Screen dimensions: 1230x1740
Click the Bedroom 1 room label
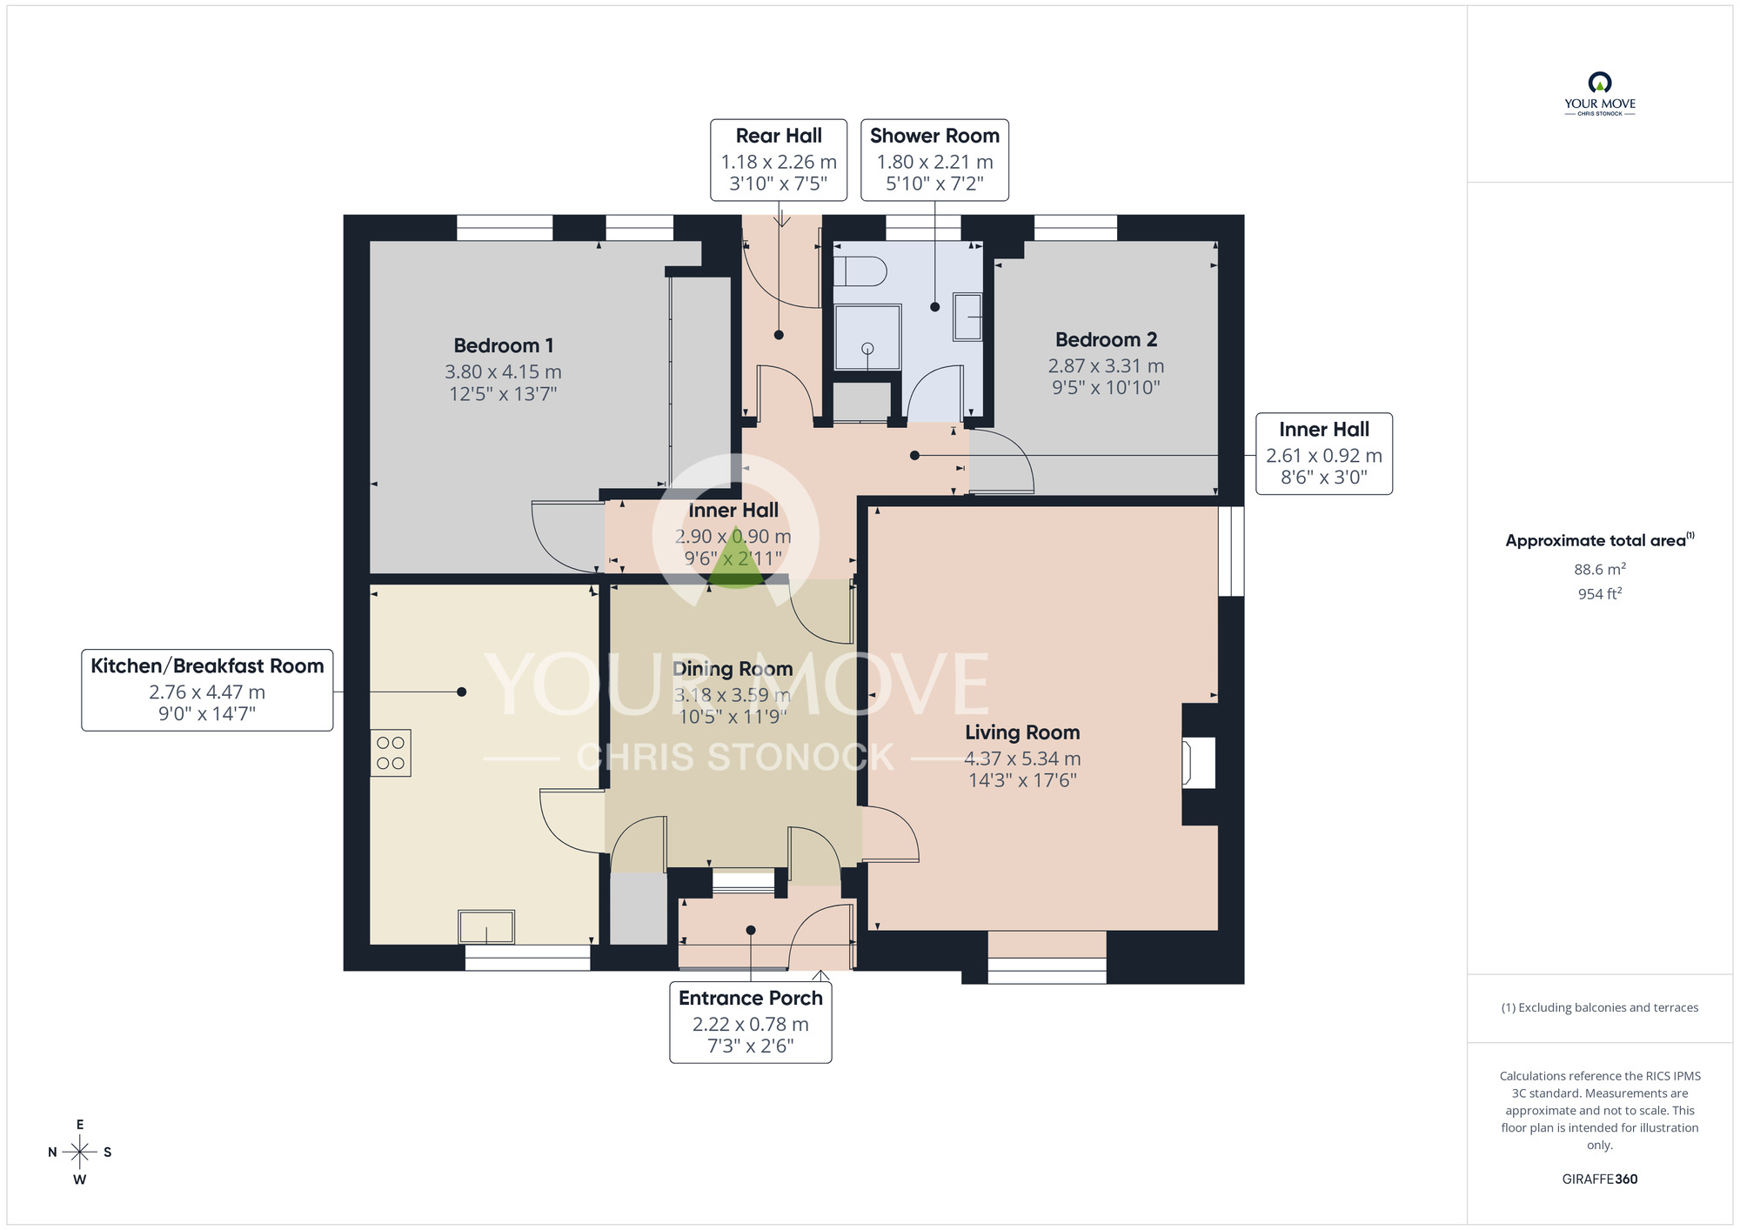(x=503, y=346)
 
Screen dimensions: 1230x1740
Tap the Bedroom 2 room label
(x=1106, y=340)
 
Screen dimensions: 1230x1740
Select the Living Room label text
(x=1022, y=732)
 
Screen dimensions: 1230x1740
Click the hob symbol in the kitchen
(x=391, y=753)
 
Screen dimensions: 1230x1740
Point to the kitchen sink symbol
(x=486, y=926)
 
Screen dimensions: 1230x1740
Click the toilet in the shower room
(x=860, y=272)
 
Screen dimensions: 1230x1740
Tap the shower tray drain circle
(x=867, y=348)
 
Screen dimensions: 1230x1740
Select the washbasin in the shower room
(x=968, y=317)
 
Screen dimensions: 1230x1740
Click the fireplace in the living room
(x=1198, y=763)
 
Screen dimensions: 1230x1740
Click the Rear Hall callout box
(x=779, y=160)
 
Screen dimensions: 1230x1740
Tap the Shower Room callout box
(x=934, y=160)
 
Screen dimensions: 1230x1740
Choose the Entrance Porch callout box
(x=751, y=1022)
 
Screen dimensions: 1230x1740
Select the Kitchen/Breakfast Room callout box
(x=207, y=690)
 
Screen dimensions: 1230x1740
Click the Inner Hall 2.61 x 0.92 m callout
(x=1323, y=453)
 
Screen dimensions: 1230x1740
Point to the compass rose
(x=80, y=1153)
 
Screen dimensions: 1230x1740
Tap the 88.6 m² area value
(x=1599, y=570)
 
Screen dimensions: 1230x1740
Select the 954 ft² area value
(x=1599, y=594)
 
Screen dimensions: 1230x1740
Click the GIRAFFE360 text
(x=1599, y=1180)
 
